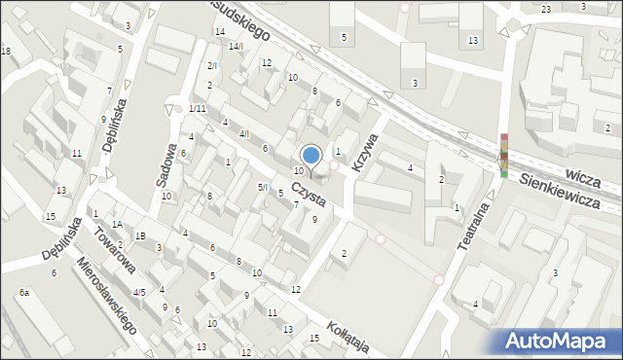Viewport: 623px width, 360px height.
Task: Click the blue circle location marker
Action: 311,154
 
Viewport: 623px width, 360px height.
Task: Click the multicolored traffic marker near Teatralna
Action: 504,156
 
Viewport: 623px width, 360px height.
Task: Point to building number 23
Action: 546,9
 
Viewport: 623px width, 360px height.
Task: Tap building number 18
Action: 6,51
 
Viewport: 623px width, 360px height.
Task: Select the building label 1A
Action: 116,225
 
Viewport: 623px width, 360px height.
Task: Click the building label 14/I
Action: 235,46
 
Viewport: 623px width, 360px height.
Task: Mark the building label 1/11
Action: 197,108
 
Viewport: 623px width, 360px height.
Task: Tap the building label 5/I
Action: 262,187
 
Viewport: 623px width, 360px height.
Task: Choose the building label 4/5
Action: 139,292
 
